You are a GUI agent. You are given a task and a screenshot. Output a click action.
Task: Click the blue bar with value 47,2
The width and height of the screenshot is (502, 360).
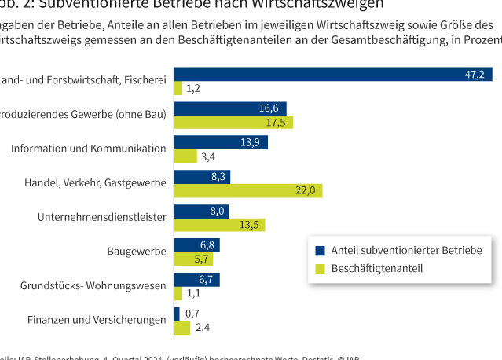333,74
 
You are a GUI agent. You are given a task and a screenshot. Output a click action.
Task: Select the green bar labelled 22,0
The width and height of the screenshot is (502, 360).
247,190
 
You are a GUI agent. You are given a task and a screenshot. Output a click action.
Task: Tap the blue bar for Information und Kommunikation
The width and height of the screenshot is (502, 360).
221,142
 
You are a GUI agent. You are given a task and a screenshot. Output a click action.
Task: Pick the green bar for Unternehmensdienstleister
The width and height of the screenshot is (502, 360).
219,225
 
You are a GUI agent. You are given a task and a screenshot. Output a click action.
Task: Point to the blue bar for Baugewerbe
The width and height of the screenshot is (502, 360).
196,245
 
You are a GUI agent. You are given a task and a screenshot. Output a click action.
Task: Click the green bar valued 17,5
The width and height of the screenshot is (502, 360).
233,123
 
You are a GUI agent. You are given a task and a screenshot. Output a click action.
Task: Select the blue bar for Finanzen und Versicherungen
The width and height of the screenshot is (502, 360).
177,313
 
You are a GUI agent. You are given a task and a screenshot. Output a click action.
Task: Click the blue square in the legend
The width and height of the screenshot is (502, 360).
320,251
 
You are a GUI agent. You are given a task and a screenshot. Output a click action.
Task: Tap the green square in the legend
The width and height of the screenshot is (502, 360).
320,268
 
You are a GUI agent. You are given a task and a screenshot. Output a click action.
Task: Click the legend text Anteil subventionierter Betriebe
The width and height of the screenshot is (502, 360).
406,251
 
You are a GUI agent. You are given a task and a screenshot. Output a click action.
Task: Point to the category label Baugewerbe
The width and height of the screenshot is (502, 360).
137,252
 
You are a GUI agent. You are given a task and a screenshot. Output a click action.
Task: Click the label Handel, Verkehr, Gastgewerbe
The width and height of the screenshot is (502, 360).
94,183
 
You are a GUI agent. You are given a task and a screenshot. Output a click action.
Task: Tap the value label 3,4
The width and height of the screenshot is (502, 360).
208,156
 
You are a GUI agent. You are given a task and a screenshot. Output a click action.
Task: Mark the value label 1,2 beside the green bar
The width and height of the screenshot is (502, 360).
193,88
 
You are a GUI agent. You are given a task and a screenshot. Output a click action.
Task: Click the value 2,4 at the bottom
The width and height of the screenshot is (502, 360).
201,327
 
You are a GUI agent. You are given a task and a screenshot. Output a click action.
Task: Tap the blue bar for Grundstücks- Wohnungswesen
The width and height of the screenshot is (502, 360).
196,279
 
